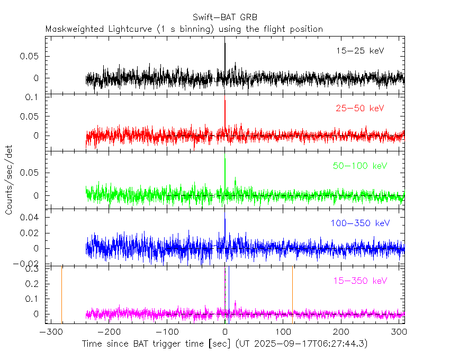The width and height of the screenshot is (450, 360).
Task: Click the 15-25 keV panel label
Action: click(359, 51)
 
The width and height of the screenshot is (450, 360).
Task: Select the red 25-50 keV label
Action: click(359, 109)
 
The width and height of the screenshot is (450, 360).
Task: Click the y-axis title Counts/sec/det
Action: click(9, 180)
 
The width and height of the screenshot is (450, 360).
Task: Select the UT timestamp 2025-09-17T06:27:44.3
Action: click(307, 344)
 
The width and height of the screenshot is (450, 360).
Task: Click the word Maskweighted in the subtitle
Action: click(71, 29)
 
